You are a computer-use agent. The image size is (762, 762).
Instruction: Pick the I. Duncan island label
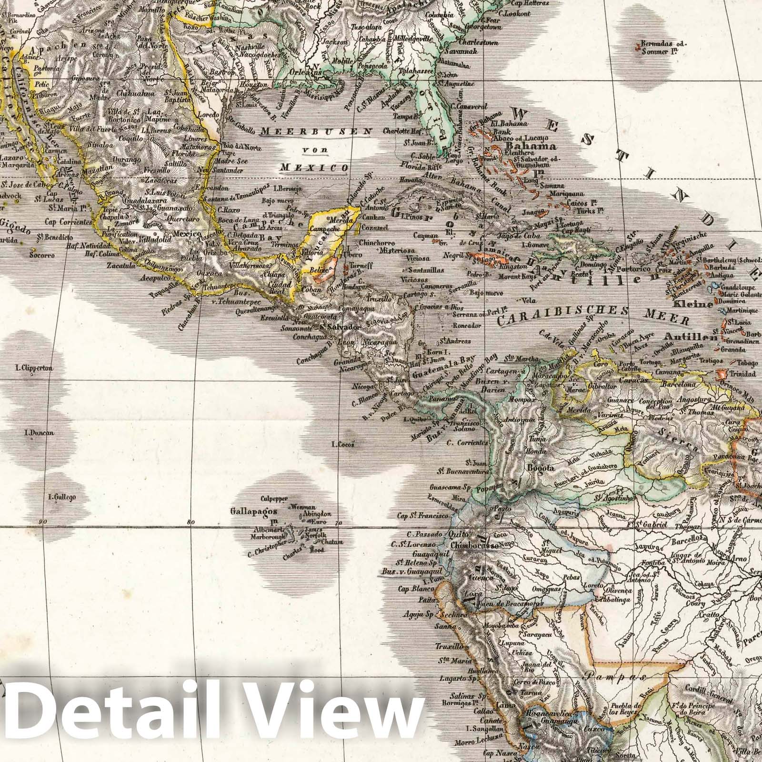(39, 433)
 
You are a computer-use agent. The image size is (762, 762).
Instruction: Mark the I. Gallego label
(62, 497)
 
